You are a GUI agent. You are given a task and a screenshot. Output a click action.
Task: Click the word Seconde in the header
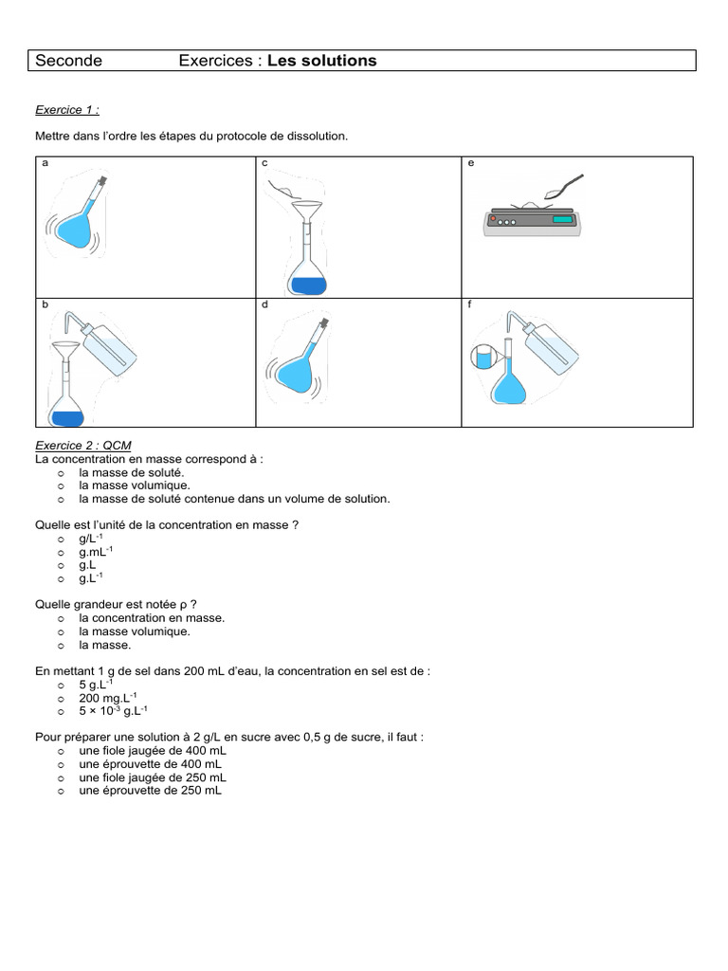[68, 61]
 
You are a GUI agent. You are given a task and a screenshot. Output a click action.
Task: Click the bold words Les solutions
[321, 61]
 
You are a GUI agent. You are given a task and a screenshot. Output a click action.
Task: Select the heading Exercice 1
[67, 110]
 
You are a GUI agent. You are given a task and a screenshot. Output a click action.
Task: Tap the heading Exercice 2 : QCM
[83, 446]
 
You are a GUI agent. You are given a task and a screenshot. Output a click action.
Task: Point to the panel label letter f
[471, 305]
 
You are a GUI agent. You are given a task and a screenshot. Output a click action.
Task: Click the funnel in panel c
[306, 207]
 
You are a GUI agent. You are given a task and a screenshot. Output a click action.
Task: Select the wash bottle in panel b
[108, 351]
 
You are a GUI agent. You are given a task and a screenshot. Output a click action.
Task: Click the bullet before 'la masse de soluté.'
[61, 472]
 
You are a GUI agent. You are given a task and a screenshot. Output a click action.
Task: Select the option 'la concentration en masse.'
[152, 617]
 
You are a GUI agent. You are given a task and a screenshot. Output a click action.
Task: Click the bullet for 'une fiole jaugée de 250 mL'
[61, 777]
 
